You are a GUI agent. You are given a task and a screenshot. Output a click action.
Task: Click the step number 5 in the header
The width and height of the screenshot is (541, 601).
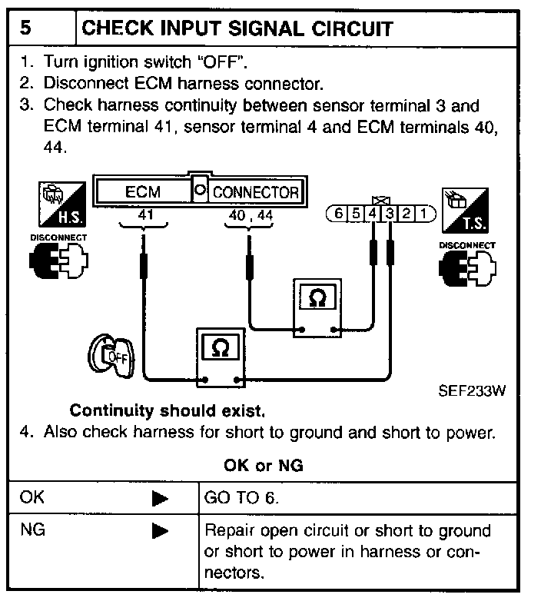(26, 29)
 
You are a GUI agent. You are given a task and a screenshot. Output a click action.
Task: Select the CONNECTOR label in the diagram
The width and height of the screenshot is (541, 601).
(255, 192)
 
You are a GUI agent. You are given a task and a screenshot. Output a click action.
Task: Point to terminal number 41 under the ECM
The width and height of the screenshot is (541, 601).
(145, 216)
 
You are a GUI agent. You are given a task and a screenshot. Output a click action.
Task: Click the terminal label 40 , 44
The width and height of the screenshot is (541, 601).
(250, 217)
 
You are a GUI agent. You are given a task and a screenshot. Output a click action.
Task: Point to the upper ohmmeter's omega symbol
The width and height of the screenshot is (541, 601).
(315, 299)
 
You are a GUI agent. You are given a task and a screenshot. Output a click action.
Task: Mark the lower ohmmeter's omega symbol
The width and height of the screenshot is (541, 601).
(219, 348)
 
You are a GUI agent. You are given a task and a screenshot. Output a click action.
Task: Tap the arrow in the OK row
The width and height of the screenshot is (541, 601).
(160, 498)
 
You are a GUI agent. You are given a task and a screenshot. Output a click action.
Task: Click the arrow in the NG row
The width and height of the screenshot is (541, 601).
(160, 530)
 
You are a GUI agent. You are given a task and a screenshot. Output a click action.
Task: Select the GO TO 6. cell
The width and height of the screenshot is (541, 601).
(242, 497)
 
